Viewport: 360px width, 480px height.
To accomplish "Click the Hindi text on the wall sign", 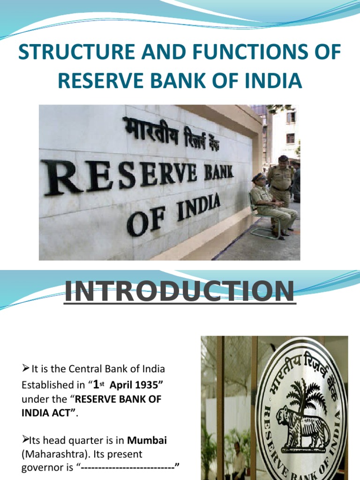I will click(x=178, y=133).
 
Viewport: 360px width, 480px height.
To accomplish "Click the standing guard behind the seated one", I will click(x=281, y=180).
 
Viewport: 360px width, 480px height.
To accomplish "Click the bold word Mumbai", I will click(x=148, y=441).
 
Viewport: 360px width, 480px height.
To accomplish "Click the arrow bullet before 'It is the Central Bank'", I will click(x=26, y=368).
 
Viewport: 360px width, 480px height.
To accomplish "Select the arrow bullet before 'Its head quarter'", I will click(x=26, y=440).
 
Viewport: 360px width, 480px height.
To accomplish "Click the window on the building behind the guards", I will click(x=291, y=117).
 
